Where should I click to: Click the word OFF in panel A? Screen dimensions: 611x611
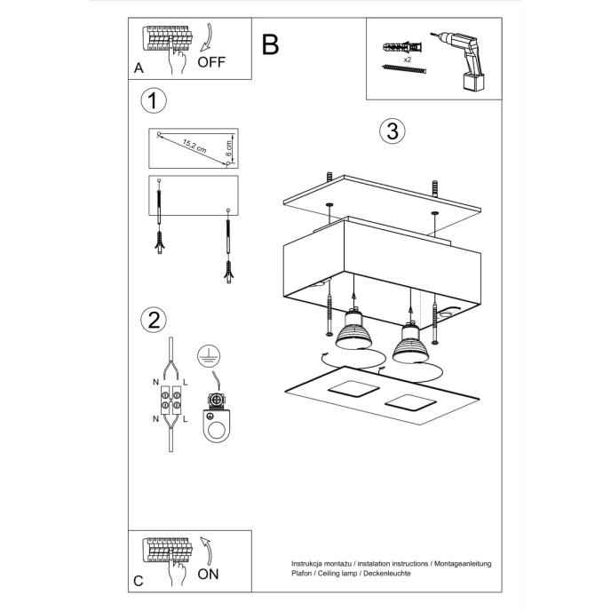point(211,62)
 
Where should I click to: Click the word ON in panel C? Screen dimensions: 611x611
point(208,575)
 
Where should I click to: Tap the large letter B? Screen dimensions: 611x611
point(271,44)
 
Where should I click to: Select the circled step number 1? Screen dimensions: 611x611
point(154,100)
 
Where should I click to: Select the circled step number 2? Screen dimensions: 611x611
point(154,320)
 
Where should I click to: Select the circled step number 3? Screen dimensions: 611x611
point(391,131)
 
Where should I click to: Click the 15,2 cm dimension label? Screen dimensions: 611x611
point(194,146)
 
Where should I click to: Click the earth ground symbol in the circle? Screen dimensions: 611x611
point(206,355)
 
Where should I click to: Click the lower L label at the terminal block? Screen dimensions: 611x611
point(185,418)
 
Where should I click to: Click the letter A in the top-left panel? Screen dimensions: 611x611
point(139,67)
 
